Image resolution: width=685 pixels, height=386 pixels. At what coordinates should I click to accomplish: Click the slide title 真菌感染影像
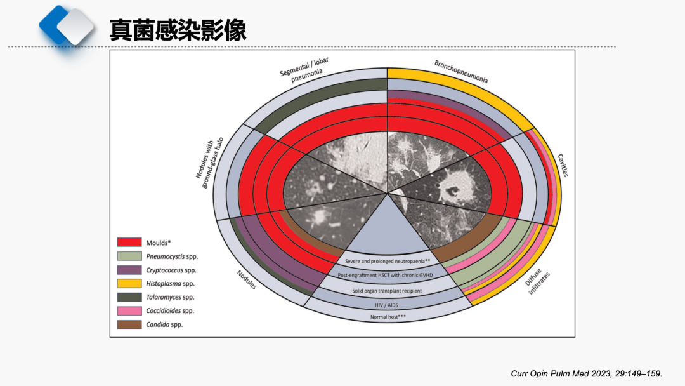(x=178, y=30)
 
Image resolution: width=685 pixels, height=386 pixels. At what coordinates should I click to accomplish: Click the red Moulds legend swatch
(x=129, y=243)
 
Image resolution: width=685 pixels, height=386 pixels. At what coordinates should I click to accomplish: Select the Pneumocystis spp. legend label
(x=172, y=256)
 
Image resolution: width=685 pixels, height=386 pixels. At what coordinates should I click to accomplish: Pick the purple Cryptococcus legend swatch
(x=129, y=270)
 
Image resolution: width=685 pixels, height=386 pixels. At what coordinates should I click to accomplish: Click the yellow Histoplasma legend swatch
(x=129, y=283)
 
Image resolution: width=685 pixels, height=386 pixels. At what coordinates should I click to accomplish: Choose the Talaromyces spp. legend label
(x=170, y=297)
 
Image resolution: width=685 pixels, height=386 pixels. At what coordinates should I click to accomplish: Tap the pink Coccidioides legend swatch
(x=129, y=311)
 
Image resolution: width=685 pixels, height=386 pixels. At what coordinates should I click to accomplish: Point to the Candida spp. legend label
(x=164, y=324)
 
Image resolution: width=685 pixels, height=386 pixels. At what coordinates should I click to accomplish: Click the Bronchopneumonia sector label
(x=461, y=71)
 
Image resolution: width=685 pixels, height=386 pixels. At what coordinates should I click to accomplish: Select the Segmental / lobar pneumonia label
(x=305, y=69)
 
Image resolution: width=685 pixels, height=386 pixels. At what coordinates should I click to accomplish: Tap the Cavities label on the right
(x=563, y=165)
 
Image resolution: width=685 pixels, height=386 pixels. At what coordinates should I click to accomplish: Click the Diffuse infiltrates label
(x=537, y=282)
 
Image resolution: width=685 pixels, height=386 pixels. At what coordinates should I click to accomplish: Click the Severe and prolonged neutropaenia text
(x=388, y=261)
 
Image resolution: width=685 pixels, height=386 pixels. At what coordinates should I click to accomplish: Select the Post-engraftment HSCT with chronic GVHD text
(x=385, y=275)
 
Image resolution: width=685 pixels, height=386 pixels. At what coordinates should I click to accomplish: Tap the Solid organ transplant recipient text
(x=387, y=291)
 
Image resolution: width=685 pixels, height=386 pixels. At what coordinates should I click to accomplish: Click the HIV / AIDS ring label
(x=386, y=305)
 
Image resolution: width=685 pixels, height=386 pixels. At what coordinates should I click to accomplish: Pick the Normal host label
(x=388, y=317)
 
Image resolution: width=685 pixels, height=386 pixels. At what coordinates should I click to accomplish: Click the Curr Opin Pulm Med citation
(x=586, y=374)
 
